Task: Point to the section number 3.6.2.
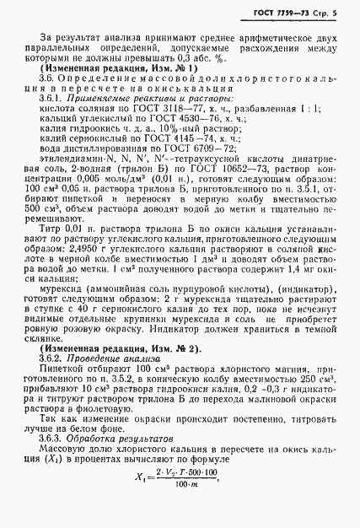point(53,359)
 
